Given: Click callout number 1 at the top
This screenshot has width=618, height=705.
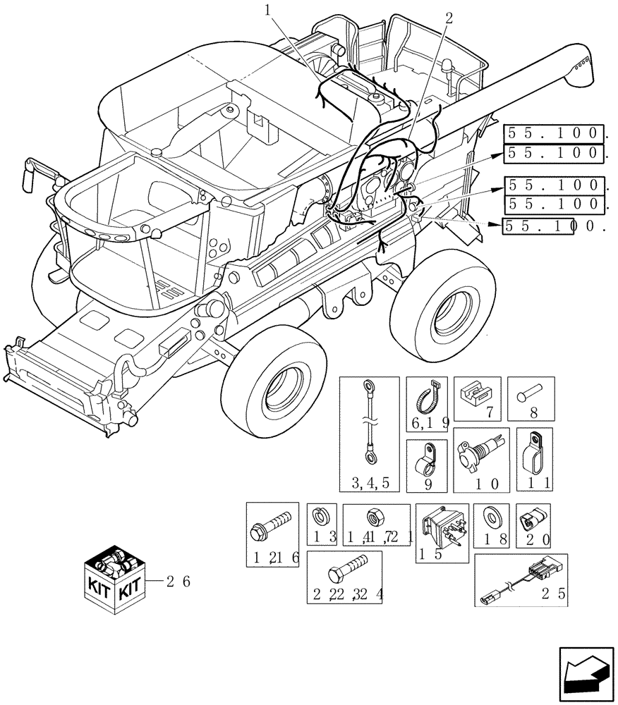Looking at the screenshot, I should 267,9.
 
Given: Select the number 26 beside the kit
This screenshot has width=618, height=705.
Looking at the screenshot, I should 178,582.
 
